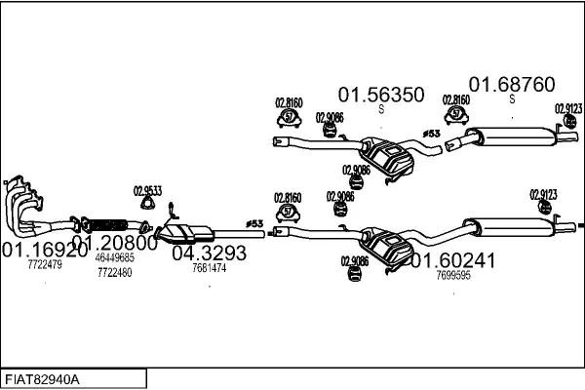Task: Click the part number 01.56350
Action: click(x=381, y=95)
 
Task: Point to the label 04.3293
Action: click(x=209, y=253)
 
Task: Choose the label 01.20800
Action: click(x=114, y=242)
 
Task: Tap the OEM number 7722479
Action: click(x=45, y=264)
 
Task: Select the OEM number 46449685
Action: click(x=114, y=257)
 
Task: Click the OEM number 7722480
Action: click(x=114, y=272)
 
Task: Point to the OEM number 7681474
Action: click(x=209, y=268)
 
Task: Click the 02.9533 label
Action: click(x=147, y=191)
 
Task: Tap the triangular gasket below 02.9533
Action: click(x=147, y=205)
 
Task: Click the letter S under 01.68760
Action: click(x=512, y=99)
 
